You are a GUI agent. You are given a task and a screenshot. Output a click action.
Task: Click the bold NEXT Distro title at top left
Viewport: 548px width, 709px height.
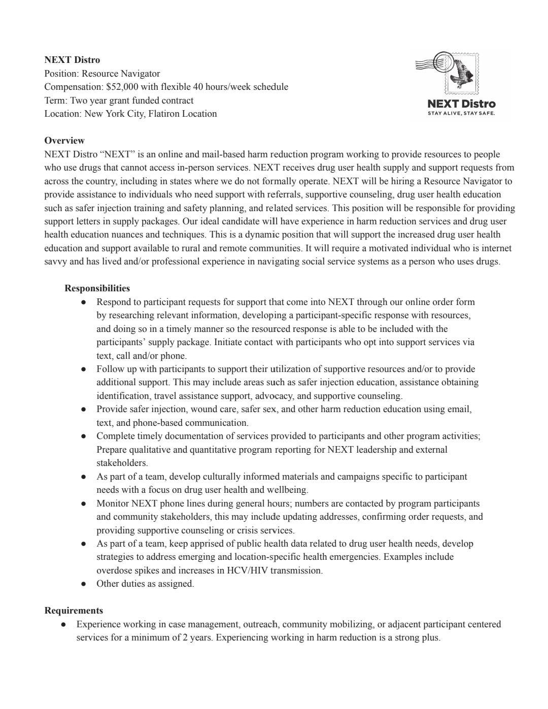[72, 60]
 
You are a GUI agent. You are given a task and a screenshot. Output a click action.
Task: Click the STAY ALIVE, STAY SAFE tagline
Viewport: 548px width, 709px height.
[461, 113]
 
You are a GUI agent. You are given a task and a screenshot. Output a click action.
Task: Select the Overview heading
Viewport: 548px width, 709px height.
[64, 141]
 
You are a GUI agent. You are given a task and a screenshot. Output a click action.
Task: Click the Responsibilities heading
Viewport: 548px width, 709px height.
[97, 288]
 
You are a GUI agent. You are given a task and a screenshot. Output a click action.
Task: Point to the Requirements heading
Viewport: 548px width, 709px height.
[74, 611]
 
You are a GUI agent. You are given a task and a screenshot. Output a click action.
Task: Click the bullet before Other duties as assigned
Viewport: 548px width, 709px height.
[83, 584]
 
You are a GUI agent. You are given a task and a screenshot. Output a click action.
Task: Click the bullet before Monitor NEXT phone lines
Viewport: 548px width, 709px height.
[83, 504]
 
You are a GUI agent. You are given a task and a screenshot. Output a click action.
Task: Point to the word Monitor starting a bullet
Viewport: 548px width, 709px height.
[113, 503]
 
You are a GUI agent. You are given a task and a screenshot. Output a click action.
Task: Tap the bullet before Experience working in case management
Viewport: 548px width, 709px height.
[63, 625]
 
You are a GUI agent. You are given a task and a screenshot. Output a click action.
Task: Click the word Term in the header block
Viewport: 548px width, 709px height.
[55, 100]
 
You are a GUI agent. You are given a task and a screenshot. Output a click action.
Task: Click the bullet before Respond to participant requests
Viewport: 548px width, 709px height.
[83, 302]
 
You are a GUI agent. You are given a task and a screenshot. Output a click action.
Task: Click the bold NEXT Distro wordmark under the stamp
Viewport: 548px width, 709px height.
[461, 104]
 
